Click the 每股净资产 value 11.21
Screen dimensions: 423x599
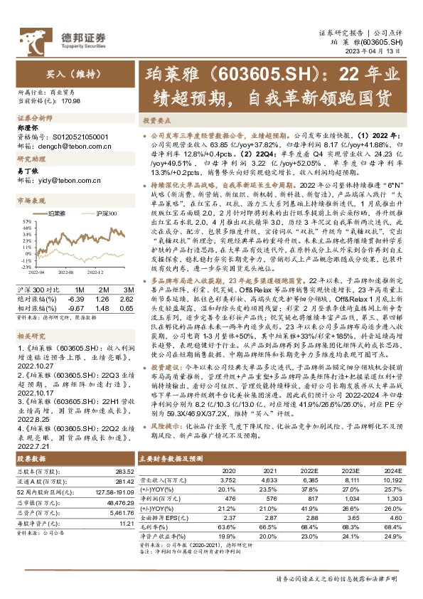pos(127,502)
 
